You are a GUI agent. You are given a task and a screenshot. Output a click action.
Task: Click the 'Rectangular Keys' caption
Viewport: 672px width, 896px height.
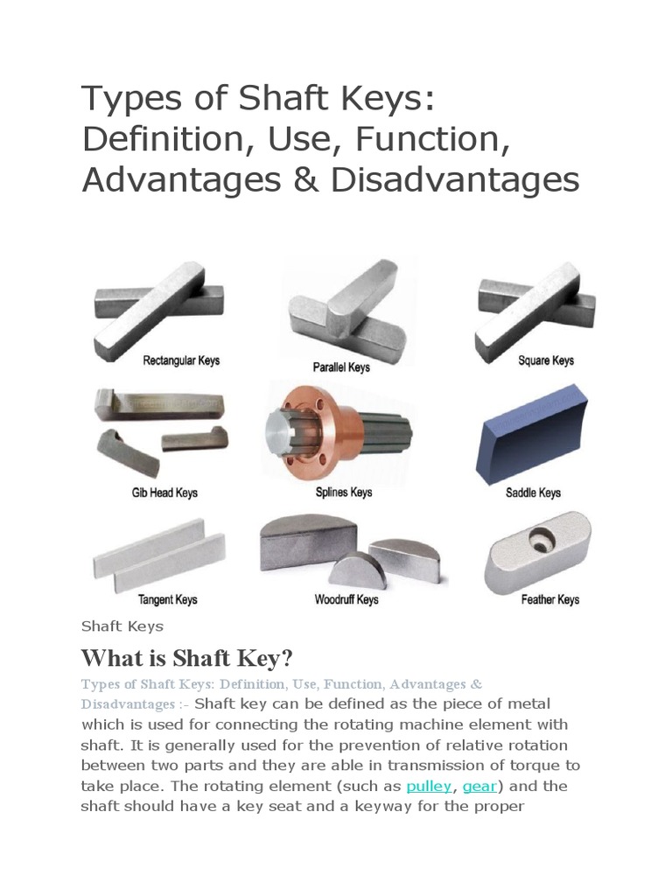tap(181, 360)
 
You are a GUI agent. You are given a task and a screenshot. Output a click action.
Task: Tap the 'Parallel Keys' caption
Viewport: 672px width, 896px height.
tap(341, 367)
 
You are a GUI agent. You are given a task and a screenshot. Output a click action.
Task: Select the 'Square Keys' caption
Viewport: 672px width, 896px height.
tap(546, 360)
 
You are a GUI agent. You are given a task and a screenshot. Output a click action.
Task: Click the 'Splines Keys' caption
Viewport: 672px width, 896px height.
tap(344, 493)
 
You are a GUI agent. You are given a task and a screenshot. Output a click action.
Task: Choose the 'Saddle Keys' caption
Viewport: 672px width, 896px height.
tap(533, 493)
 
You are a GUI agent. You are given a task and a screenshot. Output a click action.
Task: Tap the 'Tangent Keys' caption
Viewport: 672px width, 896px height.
tap(167, 600)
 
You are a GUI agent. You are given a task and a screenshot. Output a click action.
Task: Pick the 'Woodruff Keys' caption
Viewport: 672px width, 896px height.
tap(346, 600)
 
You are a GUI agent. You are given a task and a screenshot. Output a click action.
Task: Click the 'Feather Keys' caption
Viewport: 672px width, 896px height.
tap(550, 600)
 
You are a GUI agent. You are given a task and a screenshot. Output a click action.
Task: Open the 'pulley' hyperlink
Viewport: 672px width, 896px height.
tap(429, 786)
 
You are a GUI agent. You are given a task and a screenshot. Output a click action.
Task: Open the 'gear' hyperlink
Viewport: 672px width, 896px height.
tap(479, 786)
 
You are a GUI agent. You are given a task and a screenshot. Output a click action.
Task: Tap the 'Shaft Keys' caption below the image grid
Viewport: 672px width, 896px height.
tap(122, 626)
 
